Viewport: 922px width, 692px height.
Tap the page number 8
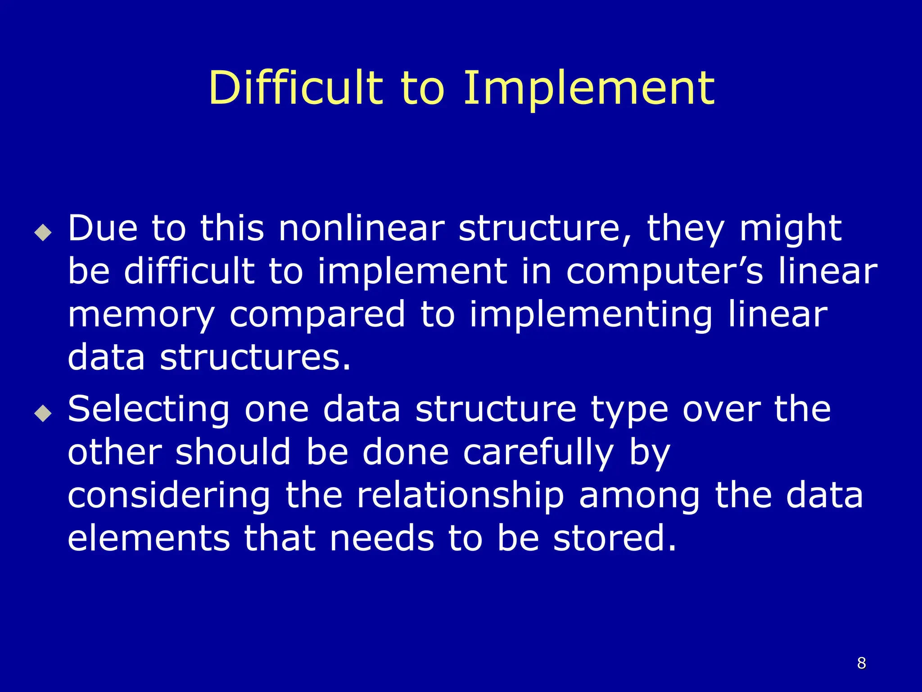pyautogui.click(x=861, y=663)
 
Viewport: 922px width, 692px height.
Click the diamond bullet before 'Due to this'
pyautogui.click(x=43, y=232)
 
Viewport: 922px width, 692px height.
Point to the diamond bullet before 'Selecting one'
pyautogui.click(x=43, y=413)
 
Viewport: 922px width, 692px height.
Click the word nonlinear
pyautogui.click(x=362, y=228)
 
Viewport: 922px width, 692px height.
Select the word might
pyautogui.click(x=790, y=229)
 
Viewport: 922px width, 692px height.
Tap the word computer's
pyautogui.click(x=664, y=272)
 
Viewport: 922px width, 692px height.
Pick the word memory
pyautogui.click(x=141, y=315)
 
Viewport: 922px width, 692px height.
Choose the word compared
pyautogui.click(x=317, y=315)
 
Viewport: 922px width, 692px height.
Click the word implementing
pyautogui.click(x=591, y=315)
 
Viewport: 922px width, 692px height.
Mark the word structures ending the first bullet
pyautogui.click(x=255, y=357)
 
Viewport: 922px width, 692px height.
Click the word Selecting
pyautogui.click(x=149, y=410)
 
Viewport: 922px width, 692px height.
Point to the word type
pyautogui.click(x=629, y=410)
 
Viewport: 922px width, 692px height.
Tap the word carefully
pyautogui.click(x=538, y=453)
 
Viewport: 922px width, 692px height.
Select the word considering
pyautogui.click(x=169, y=496)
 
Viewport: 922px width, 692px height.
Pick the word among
pyautogui.click(x=639, y=496)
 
